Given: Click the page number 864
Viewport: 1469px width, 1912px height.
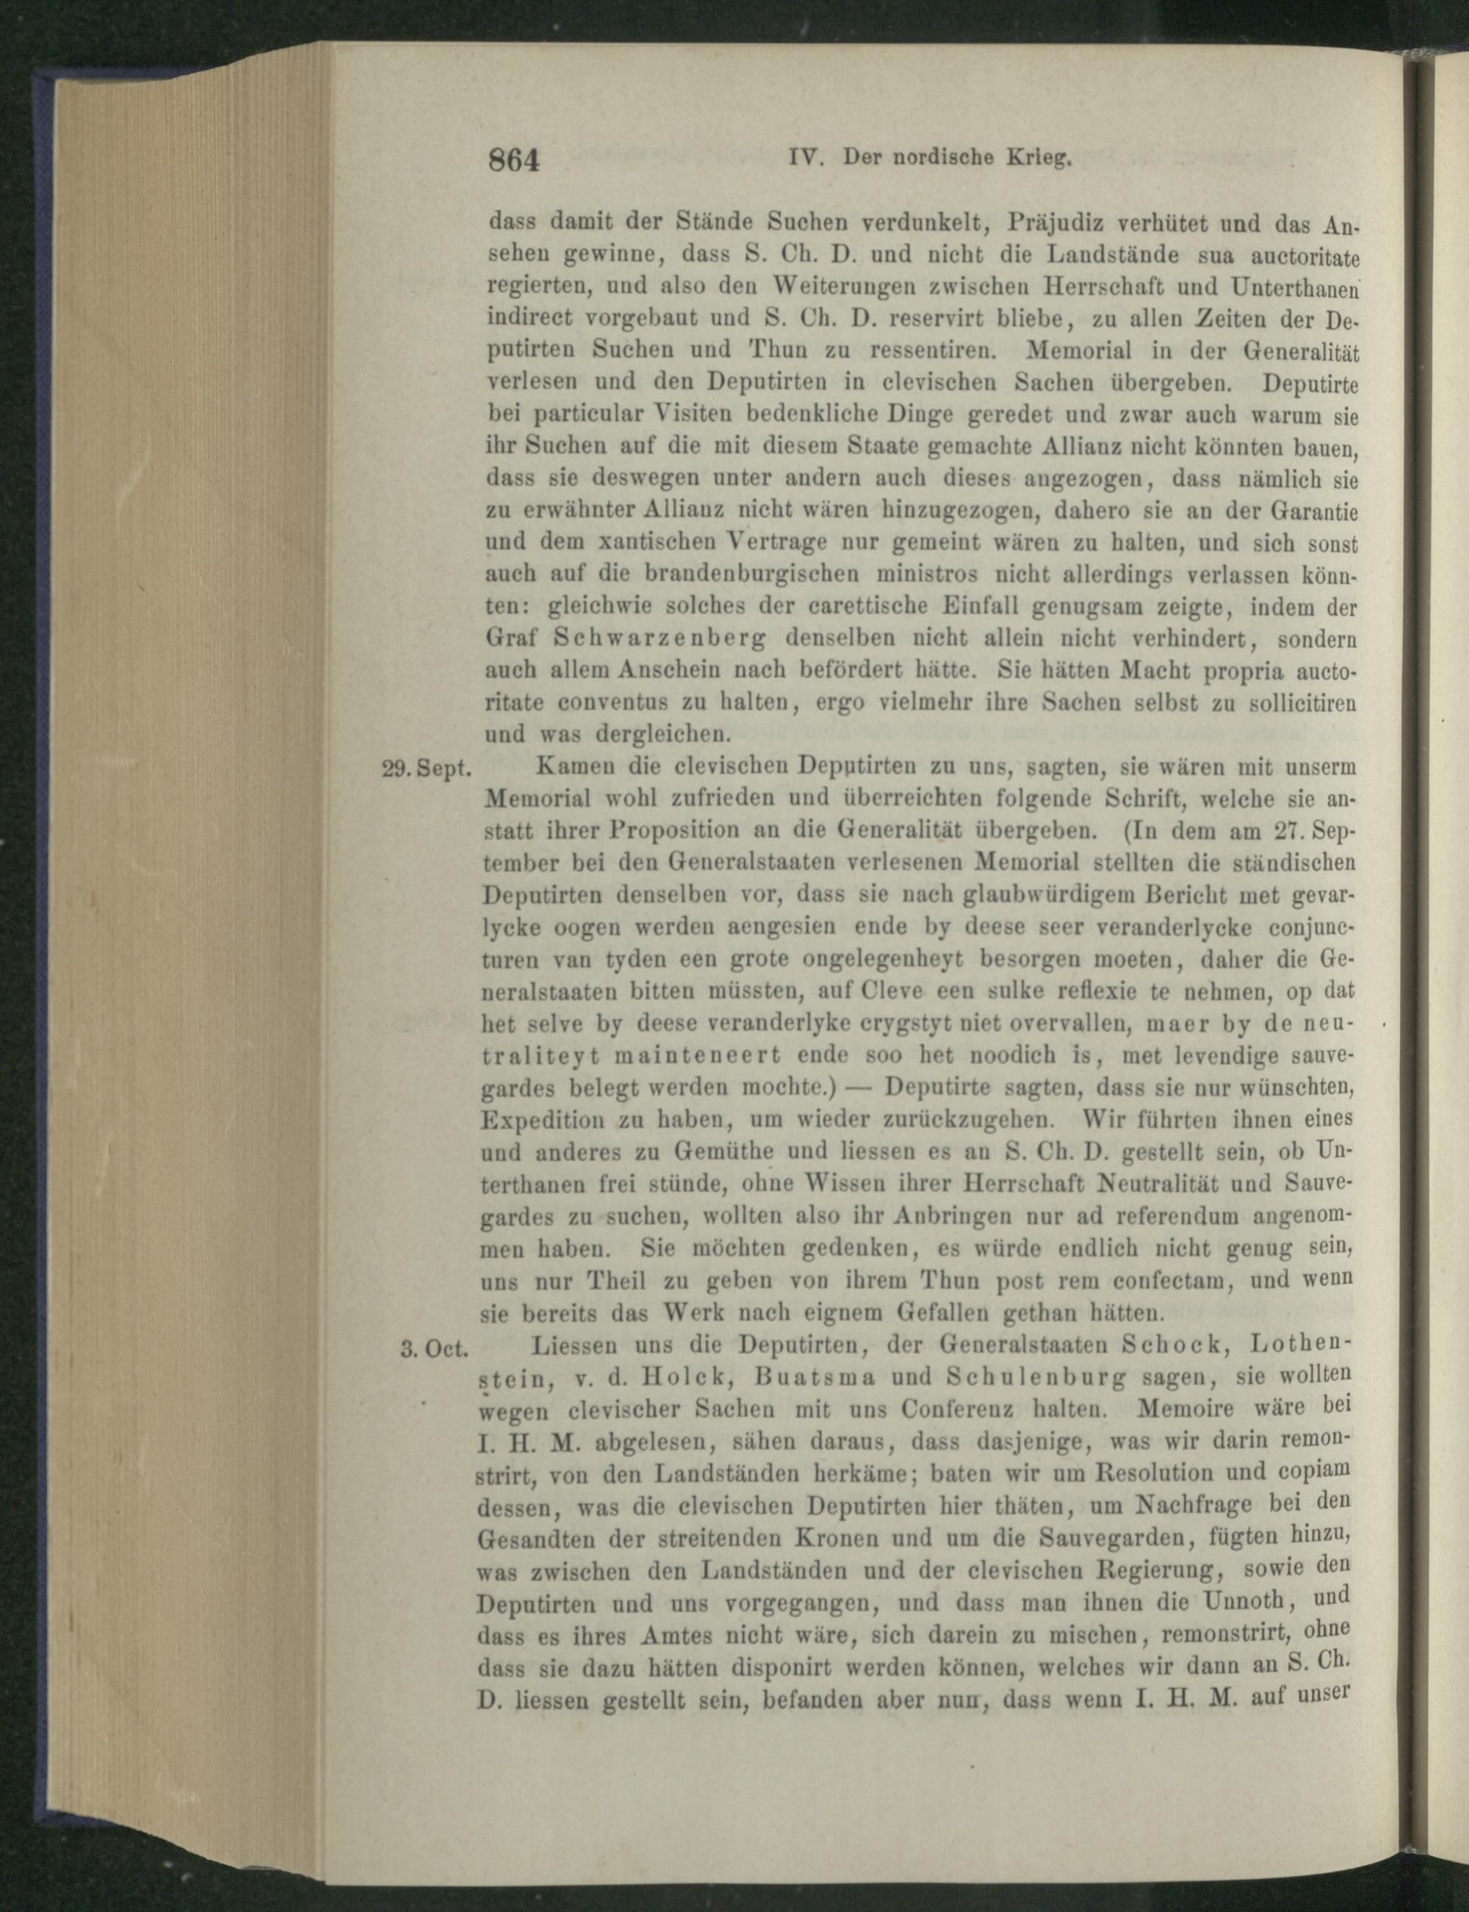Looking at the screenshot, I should [x=517, y=162].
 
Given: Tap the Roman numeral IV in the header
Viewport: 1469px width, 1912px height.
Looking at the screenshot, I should [x=803, y=159].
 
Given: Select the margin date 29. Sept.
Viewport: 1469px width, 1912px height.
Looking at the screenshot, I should [x=427, y=769].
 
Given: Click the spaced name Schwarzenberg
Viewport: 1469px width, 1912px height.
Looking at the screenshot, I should [x=660, y=639].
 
